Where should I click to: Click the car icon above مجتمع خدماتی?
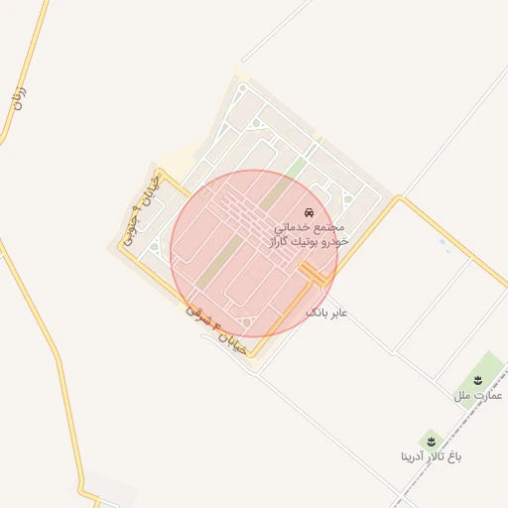[x=310, y=213]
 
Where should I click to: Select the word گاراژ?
[x=282, y=242]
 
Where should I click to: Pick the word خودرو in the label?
[x=337, y=242]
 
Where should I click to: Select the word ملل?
[x=462, y=396]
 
